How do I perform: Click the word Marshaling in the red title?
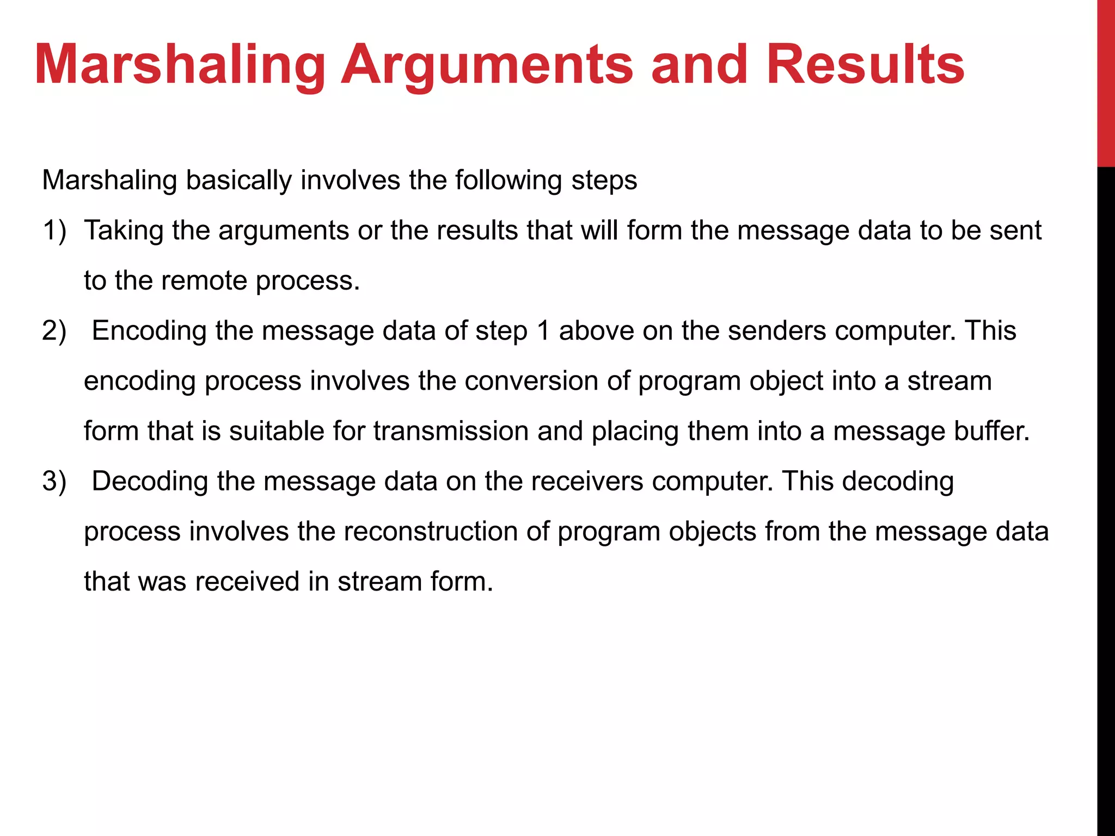tap(180, 65)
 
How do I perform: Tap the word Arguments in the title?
tap(487, 65)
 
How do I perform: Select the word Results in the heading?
tap(866, 65)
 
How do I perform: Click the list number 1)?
tap(54, 230)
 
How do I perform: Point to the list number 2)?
tap(54, 331)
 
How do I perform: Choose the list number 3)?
tap(54, 481)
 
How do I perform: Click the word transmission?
tap(451, 431)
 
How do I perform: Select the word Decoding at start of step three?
tap(150, 481)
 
